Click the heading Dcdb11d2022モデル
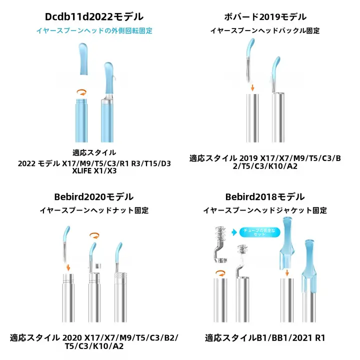click(94, 17)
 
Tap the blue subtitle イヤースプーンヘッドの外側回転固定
click(94, 30)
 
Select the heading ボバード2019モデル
click(264, 17)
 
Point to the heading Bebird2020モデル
click(94, 197)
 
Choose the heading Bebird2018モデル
click(264, 197)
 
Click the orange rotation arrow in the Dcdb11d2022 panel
click(80, 92)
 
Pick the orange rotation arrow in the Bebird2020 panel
click(93, 234)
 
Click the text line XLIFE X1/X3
click(94, 171)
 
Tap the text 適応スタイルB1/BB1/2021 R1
click(264, 337)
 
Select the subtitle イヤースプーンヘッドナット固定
click(94, 210)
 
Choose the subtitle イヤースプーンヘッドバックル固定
click(264, 30)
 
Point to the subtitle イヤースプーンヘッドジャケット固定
click(264, 210)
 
